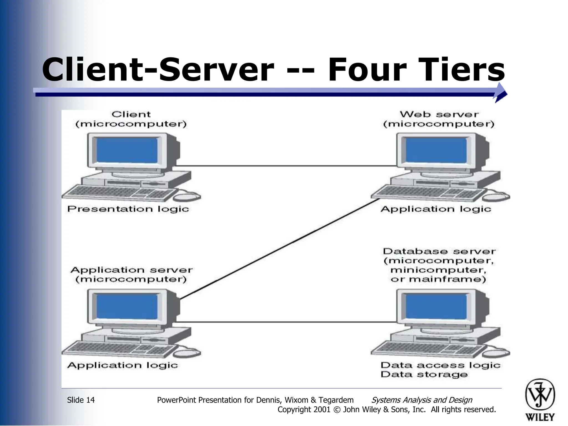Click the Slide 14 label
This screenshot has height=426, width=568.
point(81,400)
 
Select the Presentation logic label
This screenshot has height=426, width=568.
point(128,209)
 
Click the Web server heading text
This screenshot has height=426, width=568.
point(439,114)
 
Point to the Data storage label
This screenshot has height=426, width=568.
point(424,374)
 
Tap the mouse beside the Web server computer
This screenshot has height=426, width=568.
point(496,197)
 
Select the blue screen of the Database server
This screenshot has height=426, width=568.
point(436,306)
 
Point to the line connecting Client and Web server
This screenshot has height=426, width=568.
point(286,166)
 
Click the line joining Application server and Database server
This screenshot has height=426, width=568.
point(286,322)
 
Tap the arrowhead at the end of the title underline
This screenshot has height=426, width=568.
point(501,93)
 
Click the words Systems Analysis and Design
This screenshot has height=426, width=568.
point(422,400)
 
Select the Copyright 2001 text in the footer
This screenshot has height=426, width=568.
point(304,410)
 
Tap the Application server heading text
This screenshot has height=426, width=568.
point(131,270)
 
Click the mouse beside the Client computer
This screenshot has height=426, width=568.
point(187,197)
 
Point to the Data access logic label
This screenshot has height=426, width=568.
point(440,365)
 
